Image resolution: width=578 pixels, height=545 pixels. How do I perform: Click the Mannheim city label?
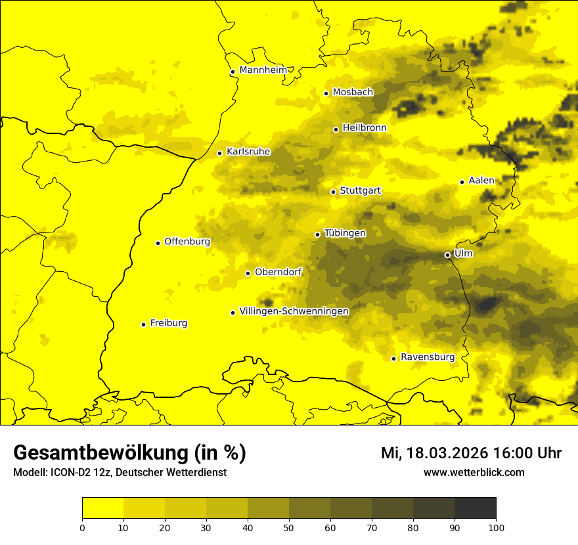tap(263, 70)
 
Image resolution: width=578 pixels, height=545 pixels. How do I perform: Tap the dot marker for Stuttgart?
tap(333, 192)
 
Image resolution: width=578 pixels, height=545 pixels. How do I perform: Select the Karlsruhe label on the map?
tap(248, 152)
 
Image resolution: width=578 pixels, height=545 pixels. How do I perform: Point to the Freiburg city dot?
tap(143, 324)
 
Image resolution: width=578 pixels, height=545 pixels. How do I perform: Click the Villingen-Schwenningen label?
tap(294, 311)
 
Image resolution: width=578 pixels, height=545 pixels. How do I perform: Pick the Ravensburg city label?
tap(427, 357)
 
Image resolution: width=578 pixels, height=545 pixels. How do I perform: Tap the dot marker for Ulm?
tap(447, 255)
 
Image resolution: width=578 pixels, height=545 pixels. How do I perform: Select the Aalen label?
tap(481, 181)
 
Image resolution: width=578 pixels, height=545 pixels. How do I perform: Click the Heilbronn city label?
tap(365, 128)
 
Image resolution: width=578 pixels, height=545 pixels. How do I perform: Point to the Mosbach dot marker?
tap(326, 93)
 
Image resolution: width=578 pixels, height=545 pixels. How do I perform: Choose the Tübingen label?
tap(345, 233)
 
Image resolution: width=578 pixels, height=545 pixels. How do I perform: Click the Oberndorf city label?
tap(278, 272)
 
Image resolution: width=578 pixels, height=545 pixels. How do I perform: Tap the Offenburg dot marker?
tap(158, 243)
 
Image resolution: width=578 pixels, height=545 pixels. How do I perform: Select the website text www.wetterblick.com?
tap(474, 472)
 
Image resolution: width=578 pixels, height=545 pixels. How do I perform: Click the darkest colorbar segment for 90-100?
tap(475, 508)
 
